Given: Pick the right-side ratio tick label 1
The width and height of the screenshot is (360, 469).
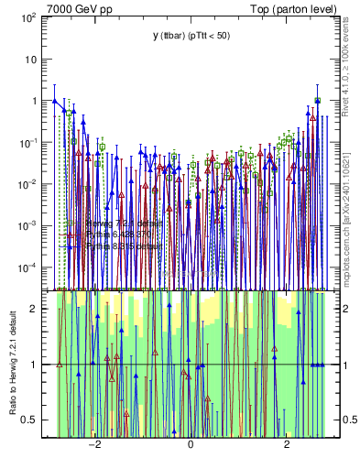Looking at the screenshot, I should point(340,365).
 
